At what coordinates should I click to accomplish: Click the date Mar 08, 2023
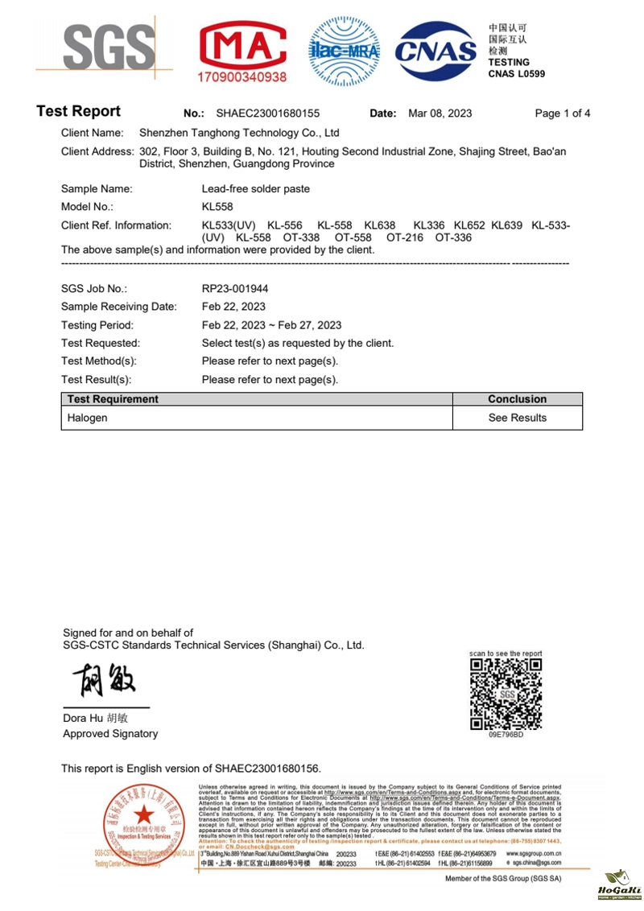[x=440, y=113]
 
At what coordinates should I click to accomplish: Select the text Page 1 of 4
[x=562, y=113]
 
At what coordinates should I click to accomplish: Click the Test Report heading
[x=79, y=112]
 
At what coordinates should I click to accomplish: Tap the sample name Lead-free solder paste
[x=255, y=189]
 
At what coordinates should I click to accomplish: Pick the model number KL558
[x=217, y=207]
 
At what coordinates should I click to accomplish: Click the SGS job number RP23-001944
[x=234, y=288]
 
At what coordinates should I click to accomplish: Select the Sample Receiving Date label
[x=119, y=307]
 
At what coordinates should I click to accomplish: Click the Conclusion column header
[x=517, y=399]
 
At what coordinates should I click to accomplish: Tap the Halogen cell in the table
[x=87, y=418]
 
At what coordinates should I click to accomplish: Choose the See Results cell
[x=517, y=418]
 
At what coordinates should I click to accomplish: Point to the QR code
[x=506, y=693]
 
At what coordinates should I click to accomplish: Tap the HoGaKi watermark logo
[x=619, y=884]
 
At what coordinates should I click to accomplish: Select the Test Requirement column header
[x=113, y=399]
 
